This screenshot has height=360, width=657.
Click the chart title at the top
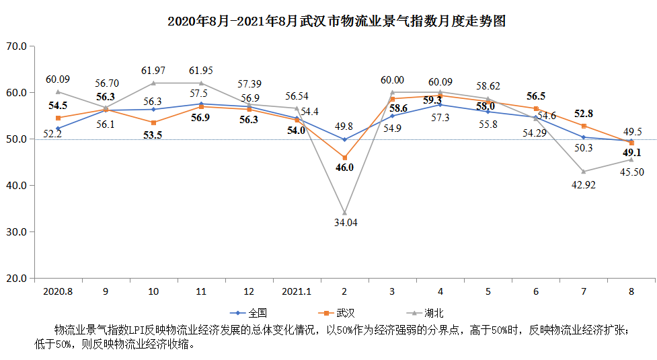click(x=336, y=21)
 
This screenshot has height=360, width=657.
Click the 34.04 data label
click(x=346, y=223)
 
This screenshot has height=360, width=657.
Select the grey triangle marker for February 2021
click(x=345, y=213)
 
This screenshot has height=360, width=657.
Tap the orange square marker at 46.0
click(x=345, y=157)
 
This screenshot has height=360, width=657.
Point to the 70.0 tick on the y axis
click(x=17, y=46)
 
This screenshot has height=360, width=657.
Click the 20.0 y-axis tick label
click(x=17, y=279)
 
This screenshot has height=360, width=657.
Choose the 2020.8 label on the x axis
click(x=58, y=291)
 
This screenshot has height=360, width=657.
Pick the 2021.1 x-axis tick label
click(x=297, y=291)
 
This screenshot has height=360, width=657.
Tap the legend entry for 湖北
click(x=425, y=313)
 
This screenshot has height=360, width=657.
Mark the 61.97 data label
click(x=153, y=71)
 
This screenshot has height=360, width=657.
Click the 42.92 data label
click(x=584, y=185)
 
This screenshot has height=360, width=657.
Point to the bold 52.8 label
click(x=584, y=114)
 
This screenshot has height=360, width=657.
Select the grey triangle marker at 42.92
click(x=584, y=172)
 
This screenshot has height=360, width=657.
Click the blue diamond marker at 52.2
click(x=58, y=129)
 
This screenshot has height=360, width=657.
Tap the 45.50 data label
click(x=632, y=172)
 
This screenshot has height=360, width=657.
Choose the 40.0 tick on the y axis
click(x=17, y=185)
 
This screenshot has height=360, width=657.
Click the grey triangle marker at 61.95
click(x=201, y=83)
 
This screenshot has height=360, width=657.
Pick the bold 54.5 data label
click(x=58, y=106)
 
